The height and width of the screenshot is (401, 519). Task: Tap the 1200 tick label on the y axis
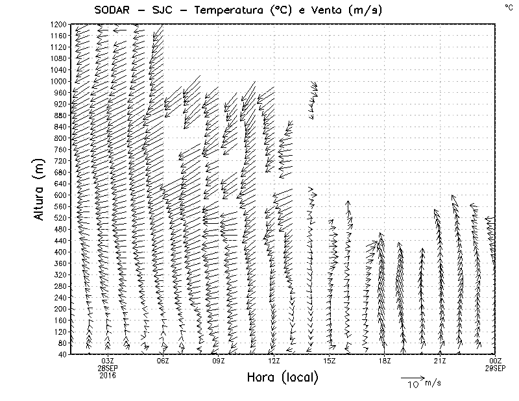pyautogui.click(x=56, y=24)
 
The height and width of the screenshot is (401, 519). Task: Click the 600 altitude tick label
pyautogui.click(x=59, y=195)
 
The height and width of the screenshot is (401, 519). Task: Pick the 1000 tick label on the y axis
pyautogui.click(x=56, y=81)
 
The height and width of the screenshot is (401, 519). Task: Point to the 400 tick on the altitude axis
pyautogui.click(x=59, y=252)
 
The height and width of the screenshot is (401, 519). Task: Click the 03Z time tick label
pyautogui.click(x=108, y=361)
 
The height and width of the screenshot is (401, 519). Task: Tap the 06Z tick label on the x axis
pyautogui.click(x=163, y=361)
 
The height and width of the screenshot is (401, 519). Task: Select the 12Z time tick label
pyautogui.click(x=274, y=361)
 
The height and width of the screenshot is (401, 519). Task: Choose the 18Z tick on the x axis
pyautogui.click(x=384, y=361)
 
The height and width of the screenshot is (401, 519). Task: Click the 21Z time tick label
pyautogui.click(x=439, y=361)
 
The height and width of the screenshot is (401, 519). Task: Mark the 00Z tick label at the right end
pyautogui.click(x=495, y=361)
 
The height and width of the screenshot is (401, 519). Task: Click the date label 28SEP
pyautogui.click(x=108, y=368)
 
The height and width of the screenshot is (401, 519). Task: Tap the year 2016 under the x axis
pyautogui.click(x=108, y=375)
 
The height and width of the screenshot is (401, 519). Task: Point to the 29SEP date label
pyautogui.click(x=495, y=368)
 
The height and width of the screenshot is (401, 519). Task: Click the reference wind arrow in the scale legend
pyautogui.click(x=411, y=377)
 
